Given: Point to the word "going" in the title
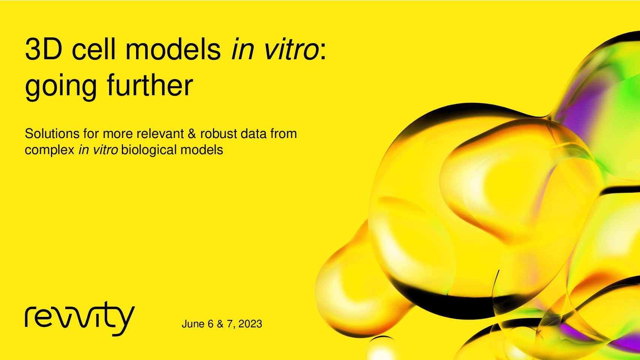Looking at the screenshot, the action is point(61,87).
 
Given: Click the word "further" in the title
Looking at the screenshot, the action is point(150,84).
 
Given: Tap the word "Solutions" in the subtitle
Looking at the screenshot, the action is point(52,133).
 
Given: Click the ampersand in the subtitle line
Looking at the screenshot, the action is point(192,134).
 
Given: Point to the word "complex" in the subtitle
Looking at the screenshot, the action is point(50,150).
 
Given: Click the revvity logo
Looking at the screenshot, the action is point(80,319).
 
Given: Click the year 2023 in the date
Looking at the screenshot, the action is point(250,324).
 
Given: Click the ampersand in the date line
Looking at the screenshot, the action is point(220,324).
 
